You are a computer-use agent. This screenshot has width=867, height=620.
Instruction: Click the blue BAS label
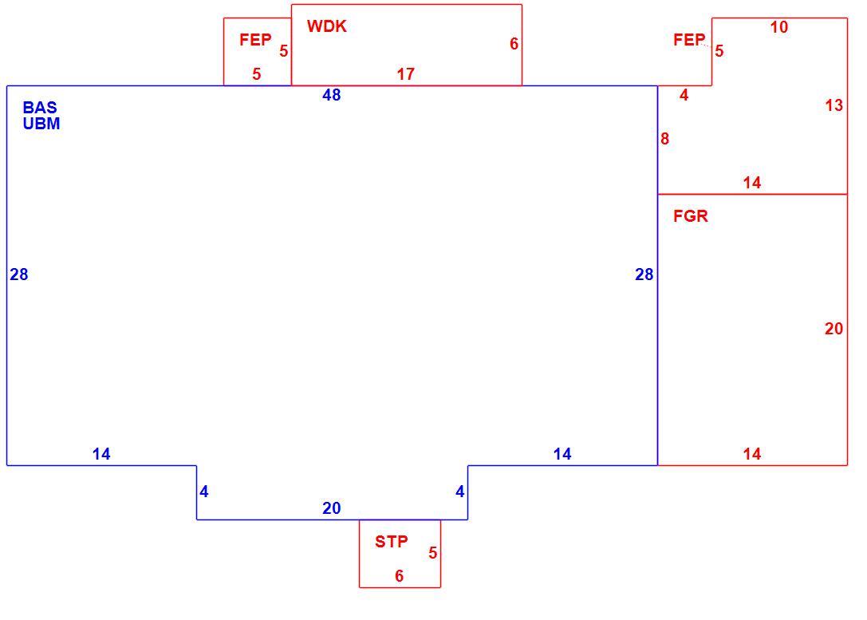pyautogui.click(x=40, y=107)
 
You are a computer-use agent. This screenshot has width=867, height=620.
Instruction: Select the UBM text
pyautogui.click(x=41, y=124)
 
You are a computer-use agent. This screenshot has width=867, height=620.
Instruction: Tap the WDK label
pyautogui.click(x=327, y=26)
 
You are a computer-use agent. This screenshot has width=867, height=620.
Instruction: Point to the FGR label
pyautogui.click(x=691, y=215)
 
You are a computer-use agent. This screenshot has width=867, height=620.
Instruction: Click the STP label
pyautogui.click(x=392, y=542)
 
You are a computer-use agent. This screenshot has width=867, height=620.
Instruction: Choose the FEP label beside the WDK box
pyautogui.click(x=255, y=39)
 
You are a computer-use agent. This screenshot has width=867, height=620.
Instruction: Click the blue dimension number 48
pyautogui.click(x=331, y=95)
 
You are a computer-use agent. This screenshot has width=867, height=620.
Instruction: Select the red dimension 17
pyautogui.click(x=405, y=74)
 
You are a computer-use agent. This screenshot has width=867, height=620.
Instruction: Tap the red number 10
pyautogui.click(x=779, y=27)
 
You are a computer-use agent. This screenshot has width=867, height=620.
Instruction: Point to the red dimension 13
pyautogui.click(x=834, y=105)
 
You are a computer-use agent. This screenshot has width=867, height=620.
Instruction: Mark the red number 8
pyautogui.click(x=664, y=139)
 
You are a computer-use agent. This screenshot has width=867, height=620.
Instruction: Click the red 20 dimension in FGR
pyautogui.click(x=834, y=329)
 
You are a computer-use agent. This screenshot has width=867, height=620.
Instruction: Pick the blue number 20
pyautogui.click(x=331, y=508)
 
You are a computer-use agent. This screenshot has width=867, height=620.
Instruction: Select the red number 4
pyautogui.click(x=684, y=95)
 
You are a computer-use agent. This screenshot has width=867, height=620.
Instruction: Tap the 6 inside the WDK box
pyautogui.click(x=514, y=44)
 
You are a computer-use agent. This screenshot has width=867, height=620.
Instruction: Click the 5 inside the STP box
pyautogui.click(x=433, y=552)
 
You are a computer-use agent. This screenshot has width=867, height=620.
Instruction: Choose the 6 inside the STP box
pyautogui.click(x=400, y=576)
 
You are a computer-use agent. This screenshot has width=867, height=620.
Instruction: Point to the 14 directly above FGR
pyautogui.click(x=752, y=183)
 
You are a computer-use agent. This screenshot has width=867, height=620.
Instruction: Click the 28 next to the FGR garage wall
pyautogui.click(x=644, y=274)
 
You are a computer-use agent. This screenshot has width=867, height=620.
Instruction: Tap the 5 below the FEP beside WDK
pyautogui.click(x=257, y=74)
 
